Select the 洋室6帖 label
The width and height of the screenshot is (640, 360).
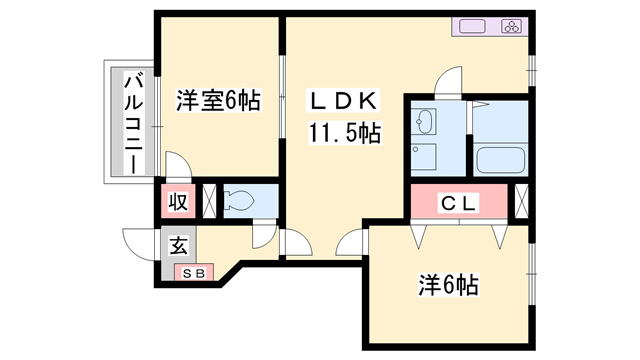(x=219, y=100)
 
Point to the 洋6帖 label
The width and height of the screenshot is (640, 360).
(x=447, y=285)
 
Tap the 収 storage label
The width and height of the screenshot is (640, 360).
(x=178, y=201)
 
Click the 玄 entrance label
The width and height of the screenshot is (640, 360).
(x=178, y=243)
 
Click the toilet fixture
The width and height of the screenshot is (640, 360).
(x=240, y=201)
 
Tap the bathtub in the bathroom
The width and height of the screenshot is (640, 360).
(x=501, y=160)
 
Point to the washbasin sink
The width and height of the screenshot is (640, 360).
(x=425, y=123)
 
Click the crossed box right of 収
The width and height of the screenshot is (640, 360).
(x=209, y=201)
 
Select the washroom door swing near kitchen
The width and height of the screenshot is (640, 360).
(x=449, y=80)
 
